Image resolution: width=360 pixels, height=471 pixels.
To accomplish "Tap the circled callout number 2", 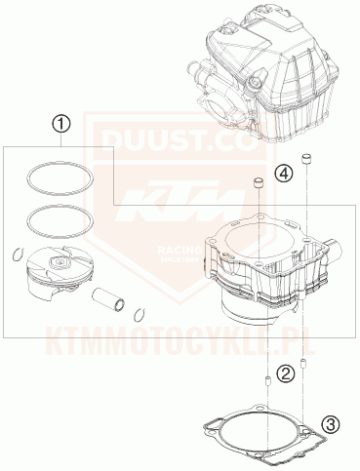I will point(284,373).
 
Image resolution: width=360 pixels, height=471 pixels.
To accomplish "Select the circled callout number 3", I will point(331,423).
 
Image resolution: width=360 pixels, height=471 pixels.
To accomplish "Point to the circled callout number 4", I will point(282,174).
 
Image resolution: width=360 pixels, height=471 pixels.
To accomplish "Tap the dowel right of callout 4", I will point(308,159).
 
